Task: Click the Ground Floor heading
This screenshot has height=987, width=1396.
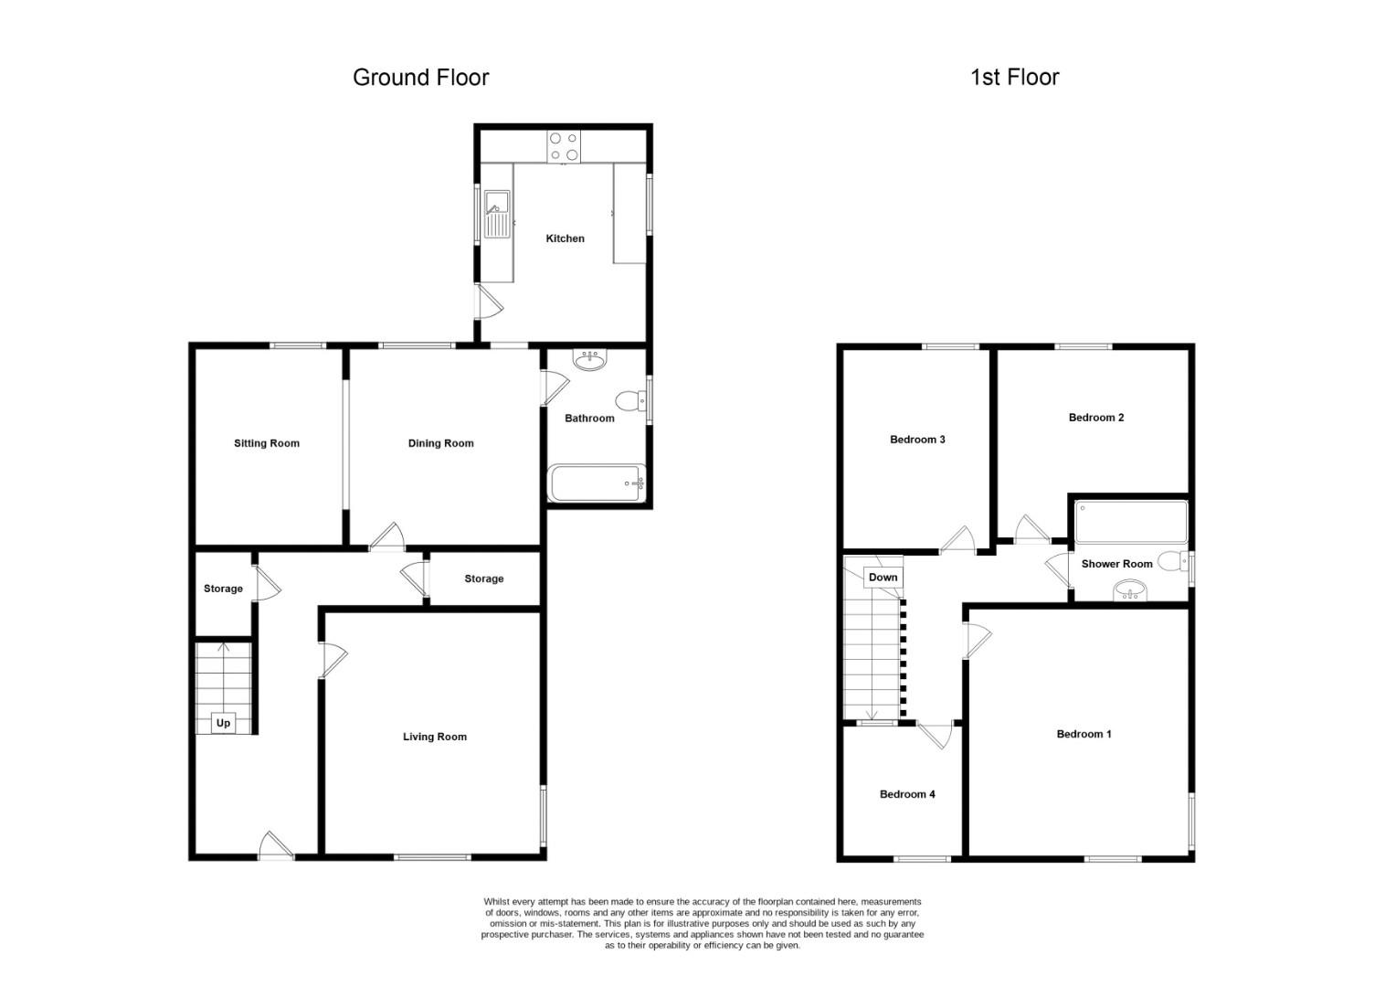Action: point(420,78)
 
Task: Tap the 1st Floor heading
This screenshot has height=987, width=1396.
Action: point(1015,78)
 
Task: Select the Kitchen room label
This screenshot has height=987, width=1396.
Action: point(566,239)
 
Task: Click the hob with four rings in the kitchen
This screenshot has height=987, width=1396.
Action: point(564,146)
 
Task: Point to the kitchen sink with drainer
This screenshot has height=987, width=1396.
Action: point(497,215)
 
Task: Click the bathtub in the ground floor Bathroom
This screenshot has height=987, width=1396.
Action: point(597,483)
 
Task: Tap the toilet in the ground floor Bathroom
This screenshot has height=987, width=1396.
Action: point(630,400)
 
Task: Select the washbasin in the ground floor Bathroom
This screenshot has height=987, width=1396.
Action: point(589,360)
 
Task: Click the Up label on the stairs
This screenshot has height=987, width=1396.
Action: point(223,723)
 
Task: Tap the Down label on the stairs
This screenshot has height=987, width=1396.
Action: point(883,577)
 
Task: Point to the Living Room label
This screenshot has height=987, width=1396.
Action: point(434,737)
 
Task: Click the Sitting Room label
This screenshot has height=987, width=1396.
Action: point(267,443)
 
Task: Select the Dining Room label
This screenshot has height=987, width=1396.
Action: point(440,443)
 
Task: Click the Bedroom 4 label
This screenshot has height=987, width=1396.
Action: point(907,794)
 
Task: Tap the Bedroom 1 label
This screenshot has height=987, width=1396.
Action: point(1084,734)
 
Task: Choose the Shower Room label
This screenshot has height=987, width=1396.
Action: point(1116,564)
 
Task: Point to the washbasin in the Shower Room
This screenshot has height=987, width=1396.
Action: point(1130,590)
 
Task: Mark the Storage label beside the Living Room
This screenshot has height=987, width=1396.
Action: point(484,578)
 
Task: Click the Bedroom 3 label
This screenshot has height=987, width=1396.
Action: point(917,440)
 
